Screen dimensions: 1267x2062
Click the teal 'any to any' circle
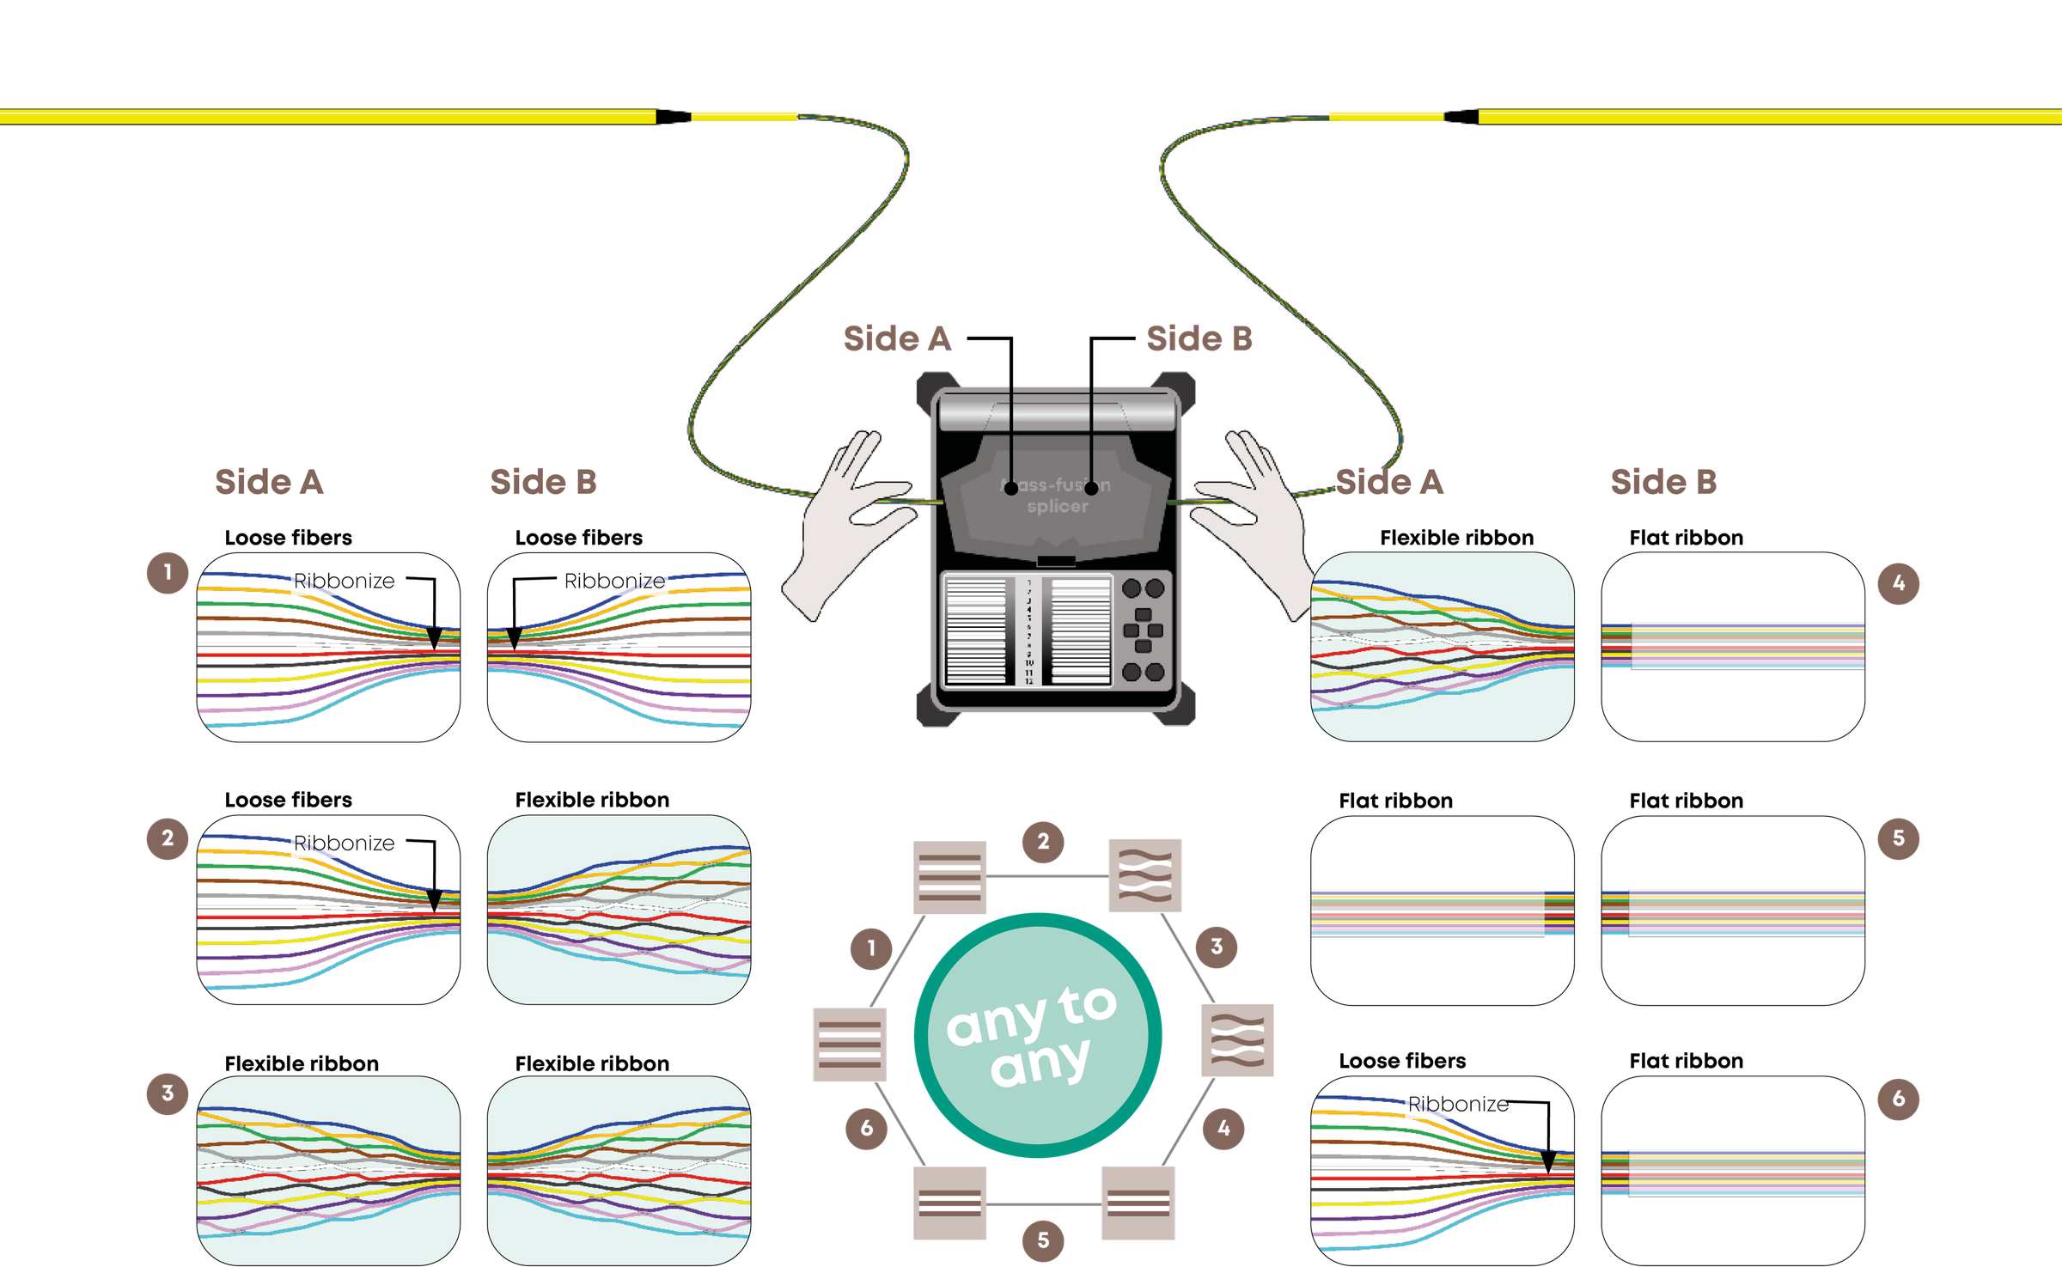point(1037,1034)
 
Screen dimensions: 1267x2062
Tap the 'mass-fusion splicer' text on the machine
point(1057,496)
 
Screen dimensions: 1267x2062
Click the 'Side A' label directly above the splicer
point(897,338)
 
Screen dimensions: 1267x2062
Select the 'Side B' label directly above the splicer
point(1199,338)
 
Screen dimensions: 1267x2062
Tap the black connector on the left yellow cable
point(674,116)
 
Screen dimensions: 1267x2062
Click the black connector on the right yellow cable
point(1461,116)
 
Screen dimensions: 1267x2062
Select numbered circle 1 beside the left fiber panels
point(168,572)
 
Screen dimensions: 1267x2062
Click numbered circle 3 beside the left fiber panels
point(168,1093)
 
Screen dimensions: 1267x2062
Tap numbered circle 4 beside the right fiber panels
point(1898,585)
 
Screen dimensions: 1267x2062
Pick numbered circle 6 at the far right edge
point(1898,1099)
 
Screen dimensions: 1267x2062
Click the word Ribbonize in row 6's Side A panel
point(1457,1104)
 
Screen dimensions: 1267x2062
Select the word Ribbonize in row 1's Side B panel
point(614,582)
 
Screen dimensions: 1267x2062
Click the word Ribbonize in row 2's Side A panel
point(344,844)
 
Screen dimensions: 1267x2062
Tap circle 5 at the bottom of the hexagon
point(1043,1240)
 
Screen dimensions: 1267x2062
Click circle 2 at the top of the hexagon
point(1043,842)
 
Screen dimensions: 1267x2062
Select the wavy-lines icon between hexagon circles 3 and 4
point(1237,1039)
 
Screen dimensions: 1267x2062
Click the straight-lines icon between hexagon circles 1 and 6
point(850,1045)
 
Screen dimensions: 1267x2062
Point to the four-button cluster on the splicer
point(1143,630)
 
